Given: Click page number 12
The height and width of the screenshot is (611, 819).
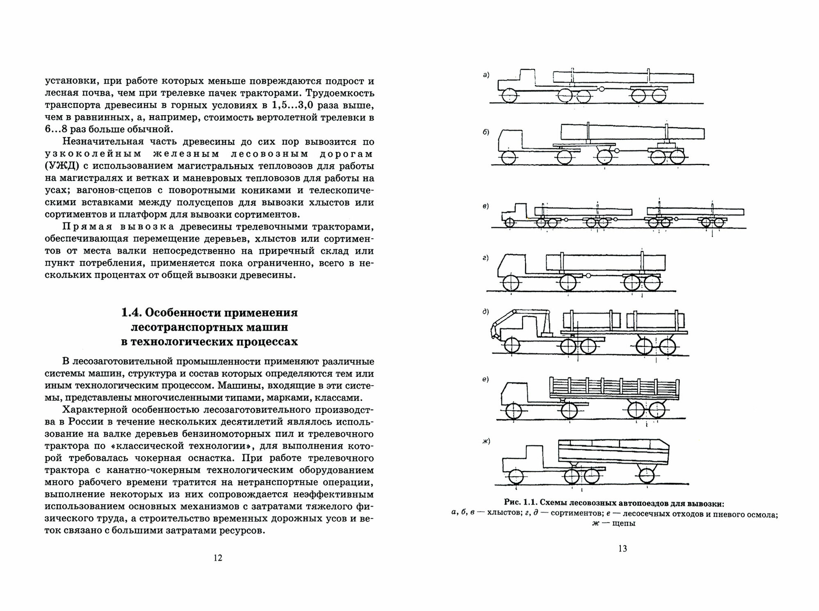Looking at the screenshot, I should [218, 558].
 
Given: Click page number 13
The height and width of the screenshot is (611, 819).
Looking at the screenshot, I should [622, 549].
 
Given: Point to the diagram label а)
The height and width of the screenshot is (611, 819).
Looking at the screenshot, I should [486, 75].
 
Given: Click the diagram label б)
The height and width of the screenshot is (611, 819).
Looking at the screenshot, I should [486, 132].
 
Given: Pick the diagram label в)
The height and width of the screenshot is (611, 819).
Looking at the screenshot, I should [486, 206].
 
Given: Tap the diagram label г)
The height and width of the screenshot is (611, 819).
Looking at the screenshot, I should [486, 258].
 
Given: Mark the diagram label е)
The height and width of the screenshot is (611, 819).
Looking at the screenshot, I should [486, 379].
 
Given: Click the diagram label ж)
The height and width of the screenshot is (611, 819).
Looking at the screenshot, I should [486, 441].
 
